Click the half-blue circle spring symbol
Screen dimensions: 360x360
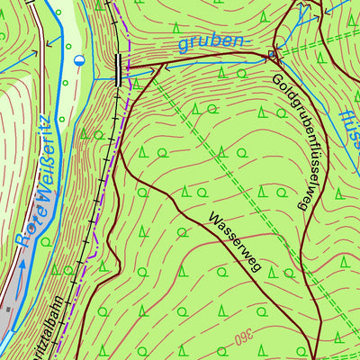pyautogui.click(x=79, y=60)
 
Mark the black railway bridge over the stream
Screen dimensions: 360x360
pyautogui.click(x=118, y=68)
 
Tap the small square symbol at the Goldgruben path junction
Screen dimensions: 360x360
pyautogui.click(x=274, y=56)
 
